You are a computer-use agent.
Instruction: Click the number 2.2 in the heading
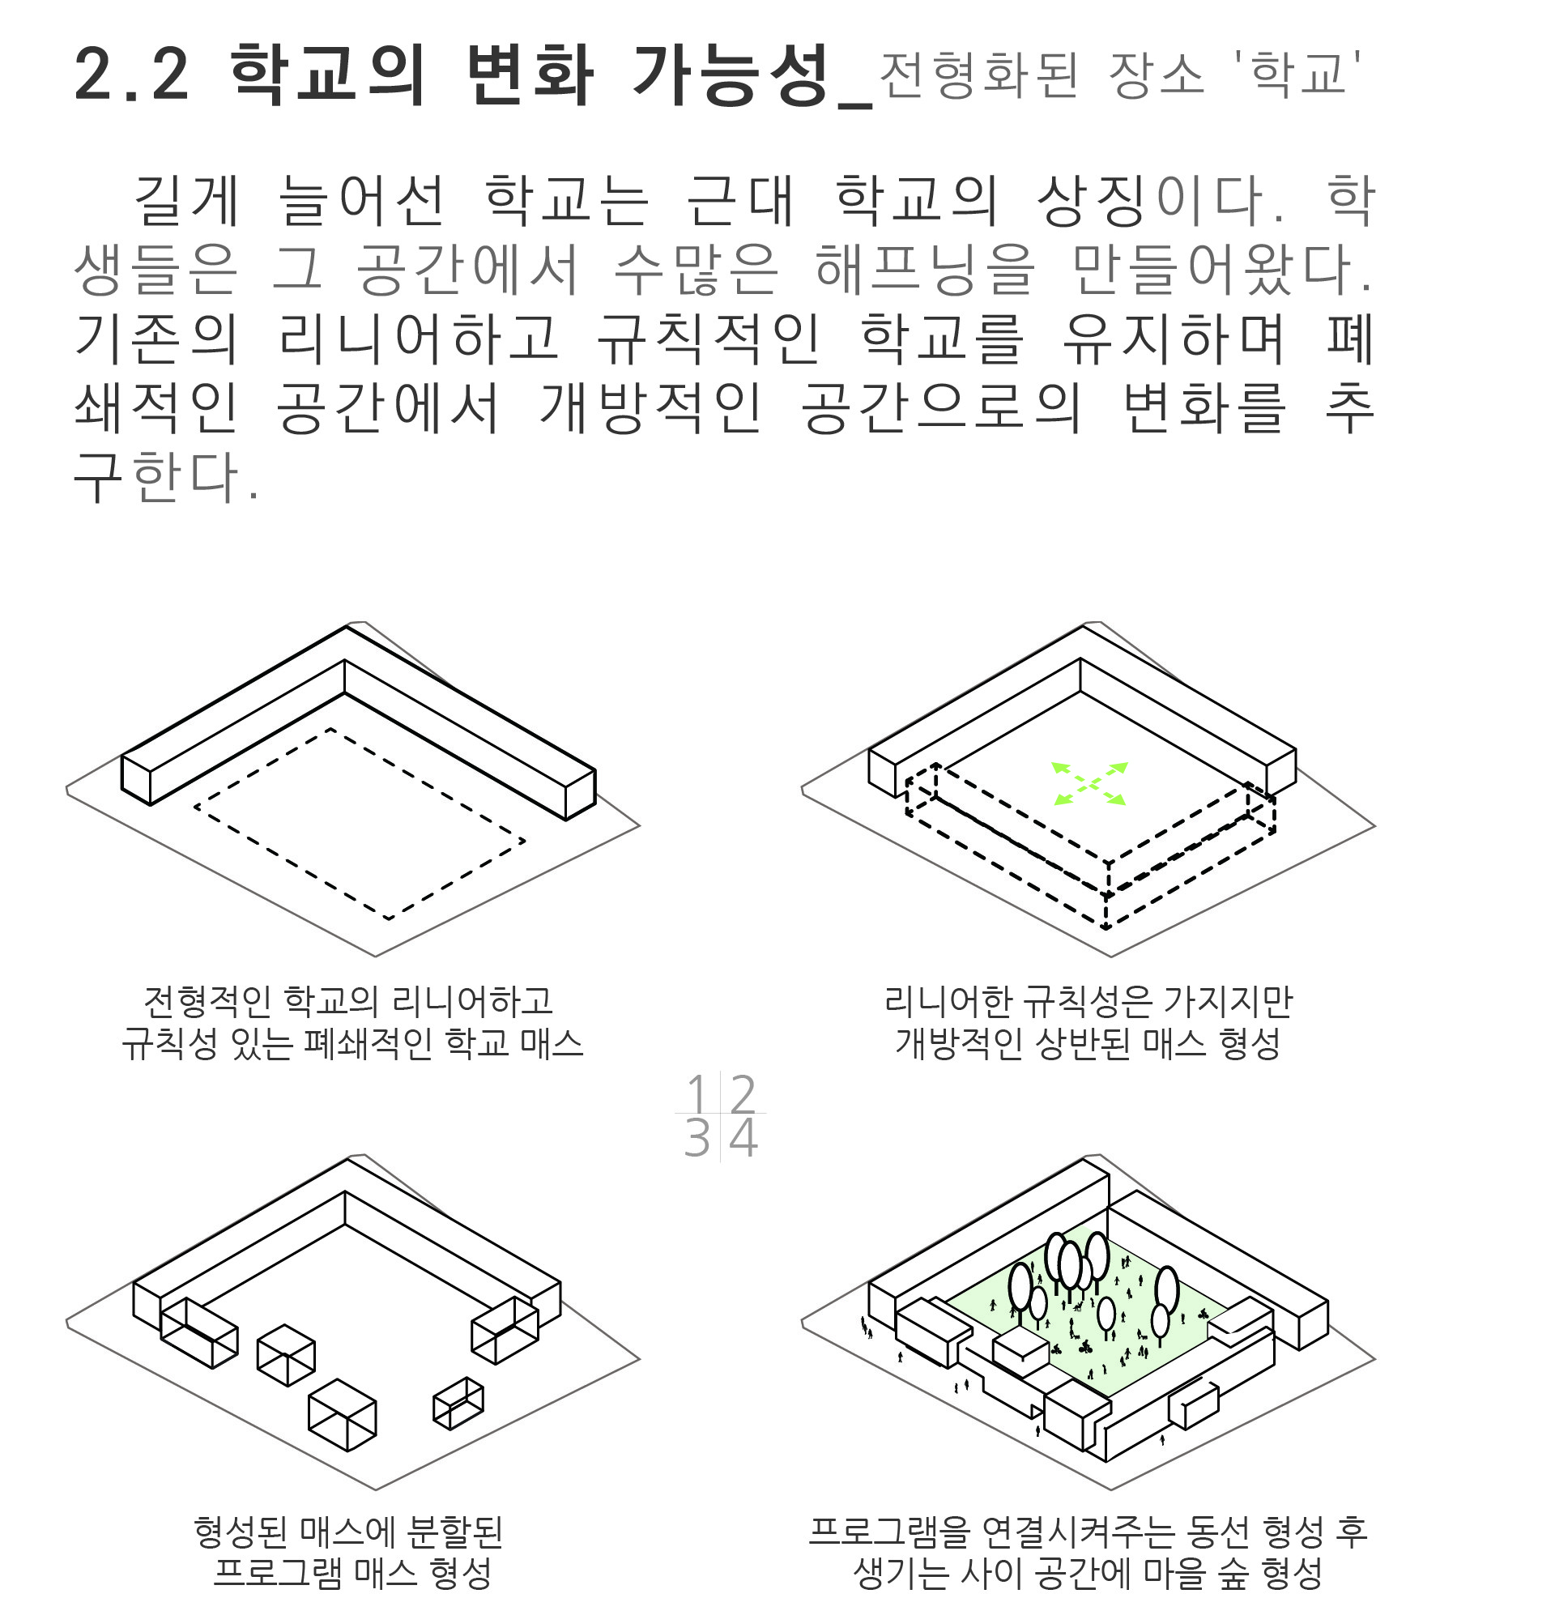[x=131, y=75]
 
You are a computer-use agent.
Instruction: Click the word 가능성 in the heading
[x=731, y=75]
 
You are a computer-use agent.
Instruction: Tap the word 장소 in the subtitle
[x=1156, y=75]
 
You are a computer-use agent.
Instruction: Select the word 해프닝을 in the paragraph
[x=926, y=270]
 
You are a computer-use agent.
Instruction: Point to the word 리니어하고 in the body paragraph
[x=419, y=338]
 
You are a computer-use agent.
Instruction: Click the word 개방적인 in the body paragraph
[x=651, y=407]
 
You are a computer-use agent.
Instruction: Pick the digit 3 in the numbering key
[x=697, y=1138]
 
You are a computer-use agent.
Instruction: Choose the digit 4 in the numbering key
[x=743, y=1138]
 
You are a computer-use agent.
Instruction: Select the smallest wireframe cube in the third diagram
[x=458, y=1403]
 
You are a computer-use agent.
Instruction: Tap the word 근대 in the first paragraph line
[x=740, y=200]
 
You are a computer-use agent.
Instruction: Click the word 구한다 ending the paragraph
[x=166, y=477]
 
